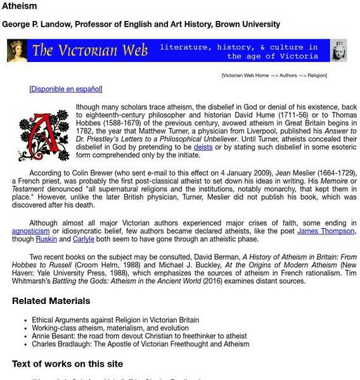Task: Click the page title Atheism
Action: [x=20, y=6]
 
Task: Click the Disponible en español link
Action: [x=65, y=89]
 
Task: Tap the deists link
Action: [x=203, y=147]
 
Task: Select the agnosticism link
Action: [x=30, y=232]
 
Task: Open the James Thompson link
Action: [x=326, y=232]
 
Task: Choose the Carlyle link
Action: [x=83, y=240]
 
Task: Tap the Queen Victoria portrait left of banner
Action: [x=16, y=51]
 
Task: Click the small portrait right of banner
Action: [x=339, y=51]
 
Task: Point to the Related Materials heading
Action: [x=51, y=301]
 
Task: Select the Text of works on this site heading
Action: [x=67, y=364]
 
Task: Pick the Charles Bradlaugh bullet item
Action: [x=141, y=345]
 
